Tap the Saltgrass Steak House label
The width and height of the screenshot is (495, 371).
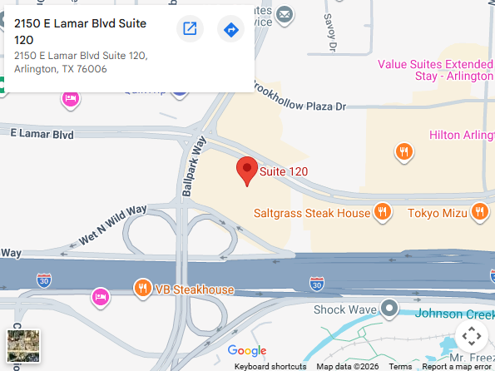(311, 213)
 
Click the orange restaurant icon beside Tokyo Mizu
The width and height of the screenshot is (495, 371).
(478, 212)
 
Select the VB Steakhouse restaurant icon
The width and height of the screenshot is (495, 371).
(143, 289)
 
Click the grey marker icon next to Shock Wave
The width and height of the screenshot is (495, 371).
(389, 309)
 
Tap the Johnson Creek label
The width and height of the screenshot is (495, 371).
(453, 314)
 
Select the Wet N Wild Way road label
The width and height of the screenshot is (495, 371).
(112, 225)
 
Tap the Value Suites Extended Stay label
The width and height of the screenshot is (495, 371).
(433, 70)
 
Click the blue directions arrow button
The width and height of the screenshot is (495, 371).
(230, 30)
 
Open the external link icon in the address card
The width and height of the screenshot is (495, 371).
(190, 30)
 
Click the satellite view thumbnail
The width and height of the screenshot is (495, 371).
(22, 345)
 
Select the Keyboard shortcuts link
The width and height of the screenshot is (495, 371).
(270, 366)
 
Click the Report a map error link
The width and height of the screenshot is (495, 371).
(456, 366)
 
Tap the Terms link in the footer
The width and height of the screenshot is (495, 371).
(400, 366)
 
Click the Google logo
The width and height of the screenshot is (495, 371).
(247, 350)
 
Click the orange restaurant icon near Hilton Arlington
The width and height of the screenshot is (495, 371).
(403, 151)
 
